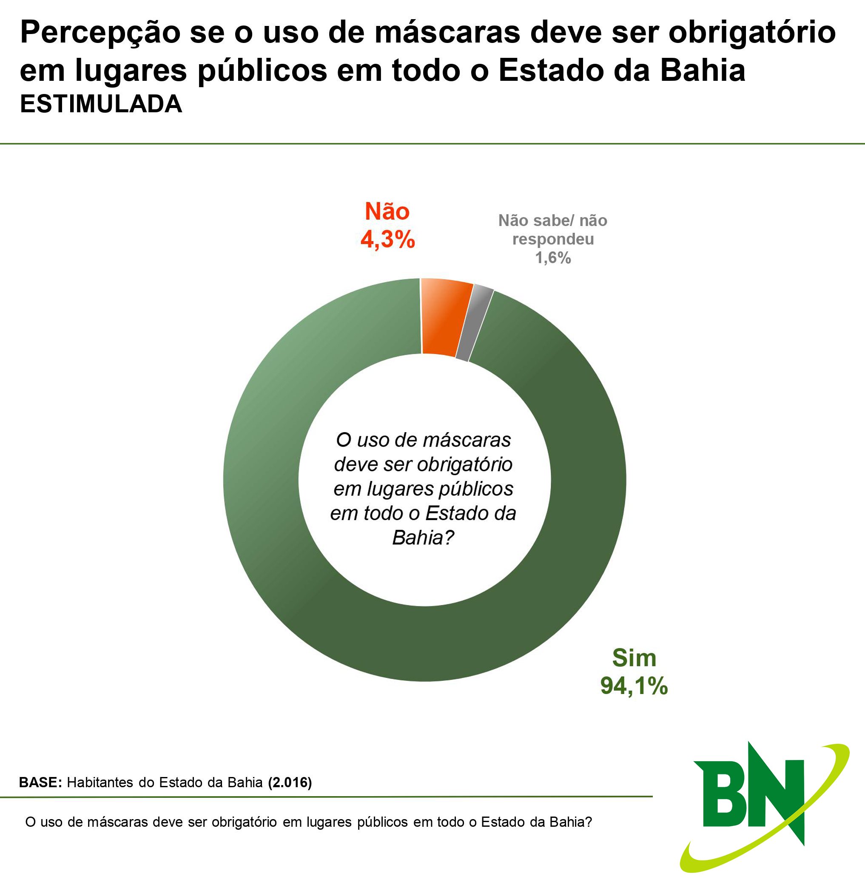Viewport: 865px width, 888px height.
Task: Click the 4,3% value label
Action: (x=387, y=239)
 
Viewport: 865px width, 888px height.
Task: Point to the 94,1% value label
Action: (x=634, y=686)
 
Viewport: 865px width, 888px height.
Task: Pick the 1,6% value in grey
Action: (x=553, y=258)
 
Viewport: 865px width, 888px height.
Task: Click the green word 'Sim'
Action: (x=634, y=658)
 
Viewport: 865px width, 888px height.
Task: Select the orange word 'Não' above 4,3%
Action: (x=387, y=212)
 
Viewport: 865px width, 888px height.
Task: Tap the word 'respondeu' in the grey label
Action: (x=553, y=239)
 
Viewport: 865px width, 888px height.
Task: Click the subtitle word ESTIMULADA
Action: (x=101, y=105)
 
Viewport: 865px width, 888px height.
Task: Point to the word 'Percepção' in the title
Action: (x=100, y=33)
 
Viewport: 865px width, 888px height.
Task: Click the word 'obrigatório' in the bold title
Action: (x=752, y=33)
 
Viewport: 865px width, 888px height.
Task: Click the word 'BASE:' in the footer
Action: (x=40, y=782)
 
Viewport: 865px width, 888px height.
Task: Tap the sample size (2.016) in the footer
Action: (x=290, y=782)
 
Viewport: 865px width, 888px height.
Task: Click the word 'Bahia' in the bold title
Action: (x=703, y=71)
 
